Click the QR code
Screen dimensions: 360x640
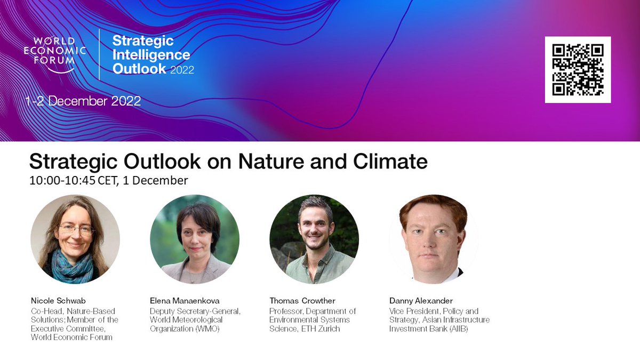[x=578, y=69]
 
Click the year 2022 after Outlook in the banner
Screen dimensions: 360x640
[x=182, y=69]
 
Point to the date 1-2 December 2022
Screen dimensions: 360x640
[x=84, y=101]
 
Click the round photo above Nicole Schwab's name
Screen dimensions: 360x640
[x=75, y=239]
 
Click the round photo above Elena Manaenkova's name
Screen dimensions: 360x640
[x=195, y=239]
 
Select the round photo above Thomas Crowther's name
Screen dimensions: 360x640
[x=314, y=239]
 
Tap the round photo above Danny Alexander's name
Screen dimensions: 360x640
[x=433, y=239]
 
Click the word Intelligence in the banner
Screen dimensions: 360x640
[x=151, y=54]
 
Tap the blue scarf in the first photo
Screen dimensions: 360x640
[x=72, y=267]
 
